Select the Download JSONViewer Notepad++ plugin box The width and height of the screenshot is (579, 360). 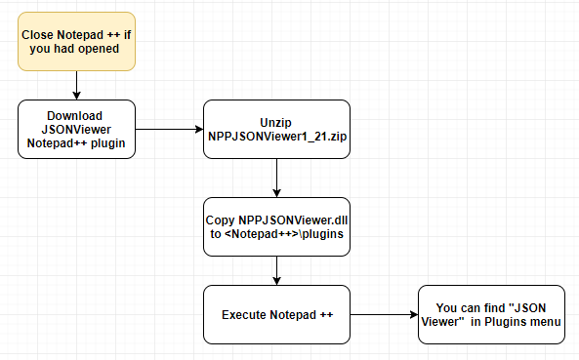(x=76, y=127)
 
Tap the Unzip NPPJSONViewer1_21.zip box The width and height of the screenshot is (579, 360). (x=276, y=127)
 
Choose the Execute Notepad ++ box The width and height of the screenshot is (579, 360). (x=276, y=315)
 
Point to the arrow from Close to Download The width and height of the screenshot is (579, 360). (x=76, y=87)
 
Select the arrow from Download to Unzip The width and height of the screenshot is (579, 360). (x=168, y=127)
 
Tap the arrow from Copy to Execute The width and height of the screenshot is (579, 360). (x=276, y=271)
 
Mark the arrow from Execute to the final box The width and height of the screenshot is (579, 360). (x=384, y=315)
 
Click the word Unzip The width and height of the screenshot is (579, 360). (x=276, y=120)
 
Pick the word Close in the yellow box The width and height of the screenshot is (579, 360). (x=39, y=33)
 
